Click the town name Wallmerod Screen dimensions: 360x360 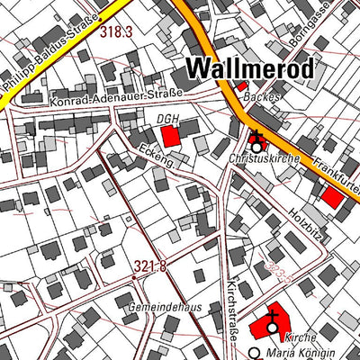pos(250,68)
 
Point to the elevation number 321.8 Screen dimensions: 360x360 pos(152,265)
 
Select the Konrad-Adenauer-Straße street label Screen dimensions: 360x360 pos(118,97)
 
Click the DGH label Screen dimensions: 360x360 pos(166,118)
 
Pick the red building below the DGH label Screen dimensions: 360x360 pos(169,137)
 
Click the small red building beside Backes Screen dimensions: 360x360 pos(241,86)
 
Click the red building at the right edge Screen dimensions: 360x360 pos(333,197)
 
